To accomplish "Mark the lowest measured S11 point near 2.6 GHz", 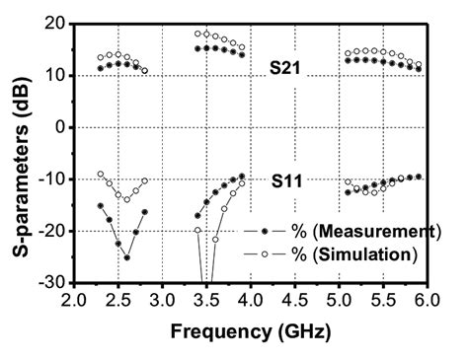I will pos(126,257).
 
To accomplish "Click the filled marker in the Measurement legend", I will pos(260,232).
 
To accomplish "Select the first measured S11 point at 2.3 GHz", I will pos(100,206).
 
